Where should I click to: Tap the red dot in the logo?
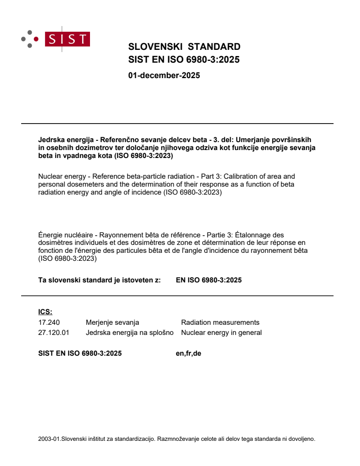[36, 39]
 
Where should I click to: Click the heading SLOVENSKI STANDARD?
[184, 47]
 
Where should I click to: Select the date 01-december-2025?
[164, 75]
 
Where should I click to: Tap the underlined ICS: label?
[45, 312]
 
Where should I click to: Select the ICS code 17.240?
[49, 323]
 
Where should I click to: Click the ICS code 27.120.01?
[54, 333]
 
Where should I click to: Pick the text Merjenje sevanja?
[112, 323]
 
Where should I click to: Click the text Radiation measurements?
[220, 323]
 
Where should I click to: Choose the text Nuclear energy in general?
[221, 333]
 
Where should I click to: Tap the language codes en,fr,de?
[188, 353]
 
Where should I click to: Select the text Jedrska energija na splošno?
[130, 333]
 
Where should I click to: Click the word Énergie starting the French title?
[51, 235]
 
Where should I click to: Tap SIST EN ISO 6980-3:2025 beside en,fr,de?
[80, 353]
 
